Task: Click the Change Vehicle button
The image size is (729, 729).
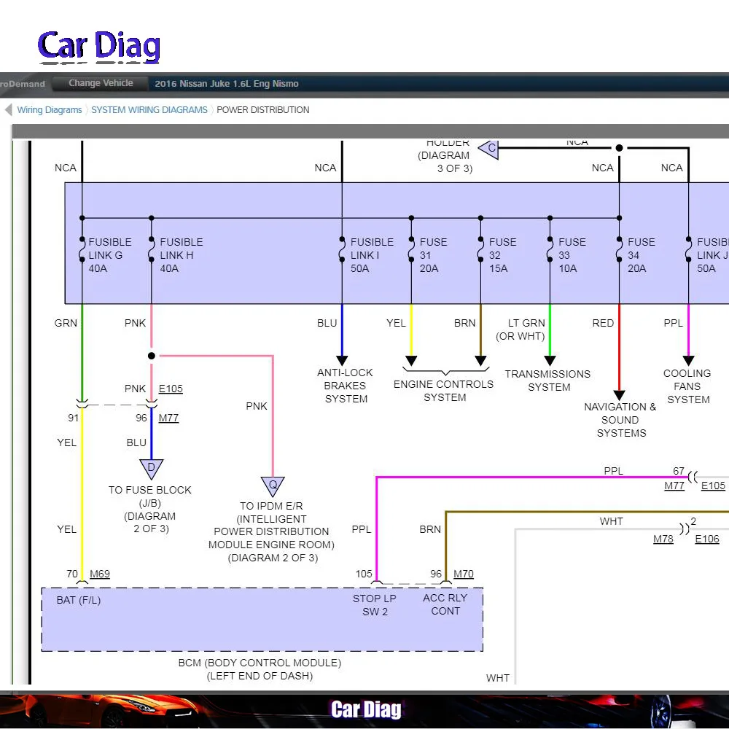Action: [101, 83]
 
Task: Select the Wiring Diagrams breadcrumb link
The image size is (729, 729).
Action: [50, 110]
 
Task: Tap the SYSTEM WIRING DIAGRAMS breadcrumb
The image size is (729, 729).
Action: [149, 110]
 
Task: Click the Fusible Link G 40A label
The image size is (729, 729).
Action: [110, 255]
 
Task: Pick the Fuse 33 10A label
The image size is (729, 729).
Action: [572, 255]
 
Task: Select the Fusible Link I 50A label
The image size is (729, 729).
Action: [372, 255]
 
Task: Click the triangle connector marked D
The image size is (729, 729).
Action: [151, 468]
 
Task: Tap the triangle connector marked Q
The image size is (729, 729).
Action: [273, 486]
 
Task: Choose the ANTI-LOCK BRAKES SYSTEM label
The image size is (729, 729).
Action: [346, 386]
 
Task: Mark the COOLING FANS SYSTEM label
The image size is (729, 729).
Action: [687, 386]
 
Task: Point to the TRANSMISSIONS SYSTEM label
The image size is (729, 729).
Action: [549, 381]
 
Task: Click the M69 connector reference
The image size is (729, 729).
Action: [100, 574]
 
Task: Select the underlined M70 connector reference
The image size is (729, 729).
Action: [464, 574]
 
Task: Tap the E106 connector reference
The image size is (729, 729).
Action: [707, 539]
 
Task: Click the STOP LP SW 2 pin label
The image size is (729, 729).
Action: [375, 605]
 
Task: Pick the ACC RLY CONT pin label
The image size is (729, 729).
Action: [445, 605]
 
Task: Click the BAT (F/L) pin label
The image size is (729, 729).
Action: [78, 601]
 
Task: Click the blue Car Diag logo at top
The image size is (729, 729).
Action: [99, 46]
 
